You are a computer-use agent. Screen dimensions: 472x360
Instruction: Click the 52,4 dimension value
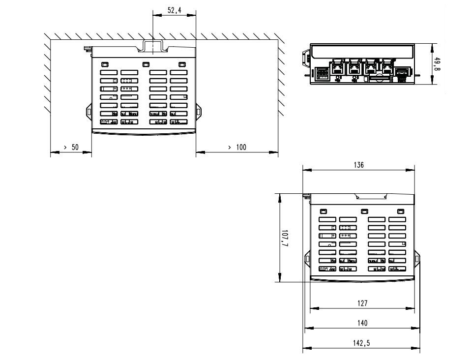click(175, 10)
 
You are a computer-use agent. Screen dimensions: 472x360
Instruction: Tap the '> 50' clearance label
click(71, 147)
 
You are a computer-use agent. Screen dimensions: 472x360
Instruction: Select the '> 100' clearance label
click(237, 147)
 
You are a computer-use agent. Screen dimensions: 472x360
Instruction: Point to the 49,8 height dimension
click(438, 64)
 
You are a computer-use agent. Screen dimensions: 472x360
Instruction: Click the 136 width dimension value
click(359, 165)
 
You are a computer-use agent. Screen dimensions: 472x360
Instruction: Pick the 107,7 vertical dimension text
click(285, 238)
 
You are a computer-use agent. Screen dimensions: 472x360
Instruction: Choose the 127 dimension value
click(362, 303)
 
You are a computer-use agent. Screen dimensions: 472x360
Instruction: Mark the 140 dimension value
click(362, 323)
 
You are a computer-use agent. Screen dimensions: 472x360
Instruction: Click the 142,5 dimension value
click(361, 343)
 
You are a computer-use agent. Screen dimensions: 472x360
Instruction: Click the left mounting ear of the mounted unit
click(89, 112)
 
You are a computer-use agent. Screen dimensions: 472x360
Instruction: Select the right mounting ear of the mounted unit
click(198, 112)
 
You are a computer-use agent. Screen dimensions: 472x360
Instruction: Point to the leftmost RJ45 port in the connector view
click(337, 69)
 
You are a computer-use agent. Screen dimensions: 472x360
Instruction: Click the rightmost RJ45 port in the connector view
click(387, 69)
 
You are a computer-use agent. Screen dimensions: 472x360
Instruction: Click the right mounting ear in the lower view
click(417, 259)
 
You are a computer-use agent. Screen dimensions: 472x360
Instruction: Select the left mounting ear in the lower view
click(307, 259)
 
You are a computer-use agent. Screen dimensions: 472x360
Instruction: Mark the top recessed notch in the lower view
click(371, 196)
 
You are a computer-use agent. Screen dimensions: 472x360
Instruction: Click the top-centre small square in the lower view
click(364, 211)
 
